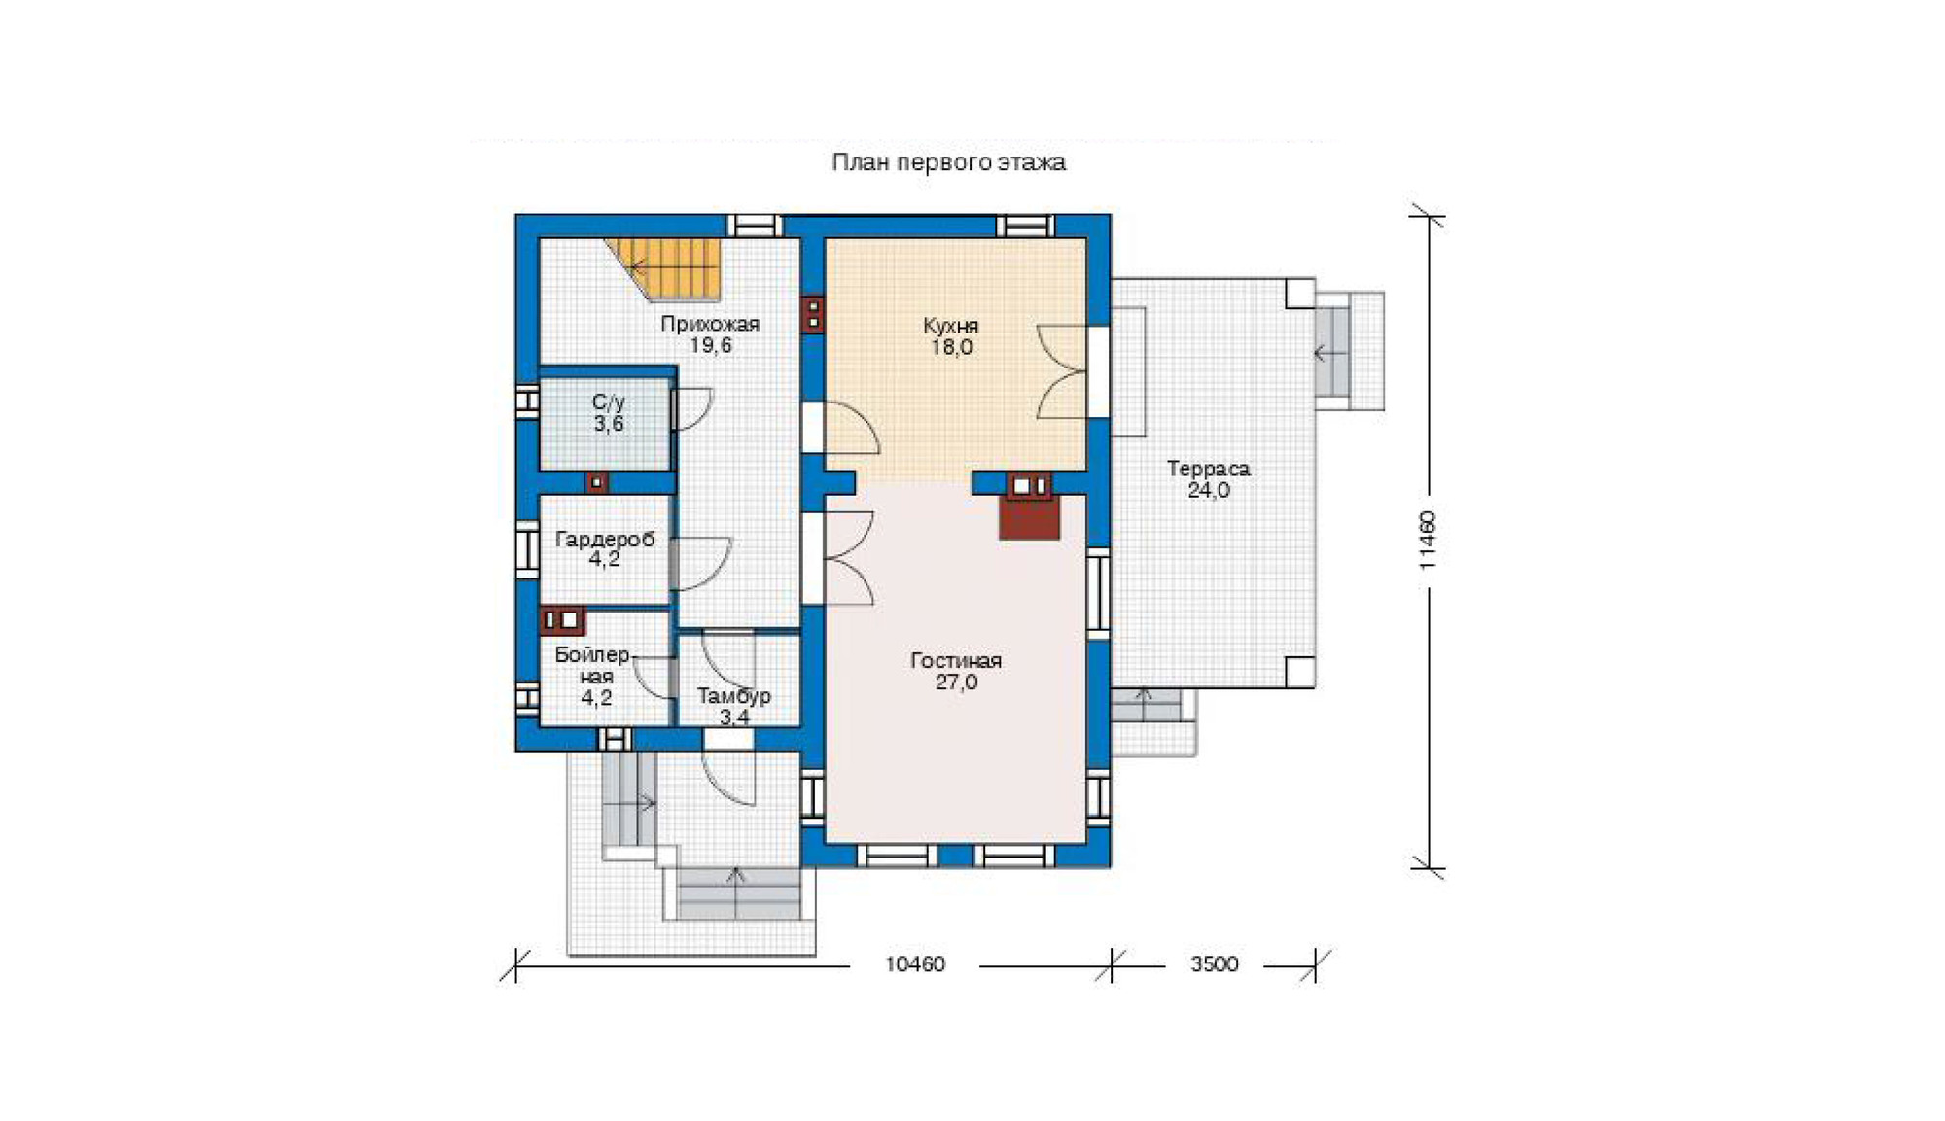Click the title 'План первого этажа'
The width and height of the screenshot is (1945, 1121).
948,162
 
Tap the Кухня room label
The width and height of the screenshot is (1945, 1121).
950,325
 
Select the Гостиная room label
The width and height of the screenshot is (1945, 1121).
956,660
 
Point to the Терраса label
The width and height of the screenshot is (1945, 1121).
1208,469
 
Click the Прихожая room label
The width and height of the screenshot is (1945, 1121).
710,324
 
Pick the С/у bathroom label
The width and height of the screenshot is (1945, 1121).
608,403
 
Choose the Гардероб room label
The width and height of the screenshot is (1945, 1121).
604,540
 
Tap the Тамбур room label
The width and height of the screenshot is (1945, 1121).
734,696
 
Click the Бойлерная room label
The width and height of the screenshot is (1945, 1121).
593,665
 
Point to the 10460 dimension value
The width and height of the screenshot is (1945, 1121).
914,964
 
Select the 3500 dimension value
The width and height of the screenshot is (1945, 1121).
1214,964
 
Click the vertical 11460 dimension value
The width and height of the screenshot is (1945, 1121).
1427,540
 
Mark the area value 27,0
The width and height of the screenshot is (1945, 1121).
956,683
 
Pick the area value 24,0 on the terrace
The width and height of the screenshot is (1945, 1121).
1208,490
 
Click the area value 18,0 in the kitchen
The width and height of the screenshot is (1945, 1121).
951,347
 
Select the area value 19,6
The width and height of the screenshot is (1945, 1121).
711,346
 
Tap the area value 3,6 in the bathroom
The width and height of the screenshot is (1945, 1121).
609,424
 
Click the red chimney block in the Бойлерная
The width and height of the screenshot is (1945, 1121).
562,620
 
